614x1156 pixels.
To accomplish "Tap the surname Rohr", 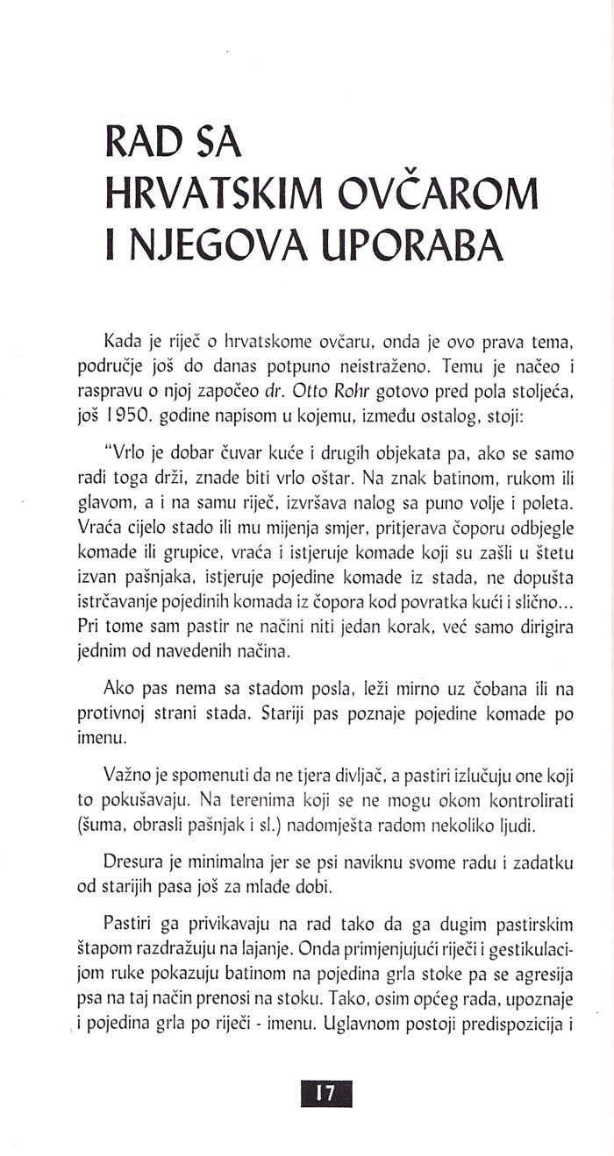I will [x=359, y=394].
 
